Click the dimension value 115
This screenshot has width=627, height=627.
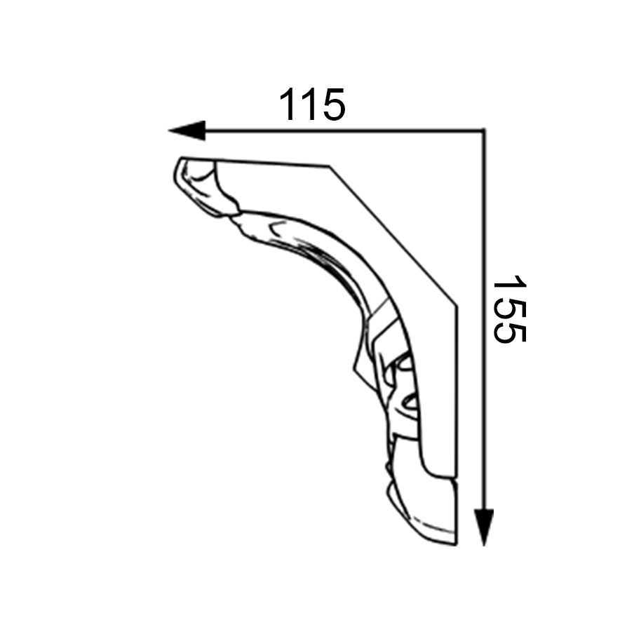tap(312, 104)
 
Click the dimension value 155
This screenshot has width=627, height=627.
tap(510, 309)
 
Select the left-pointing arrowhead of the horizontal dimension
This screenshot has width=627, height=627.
tap(187, 130)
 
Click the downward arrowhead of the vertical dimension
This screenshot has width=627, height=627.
tap(484, 527)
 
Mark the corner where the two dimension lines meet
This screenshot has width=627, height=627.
tap(484, 130)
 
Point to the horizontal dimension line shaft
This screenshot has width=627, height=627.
tap(344, 130)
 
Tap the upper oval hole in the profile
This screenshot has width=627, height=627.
tap(405, 363)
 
